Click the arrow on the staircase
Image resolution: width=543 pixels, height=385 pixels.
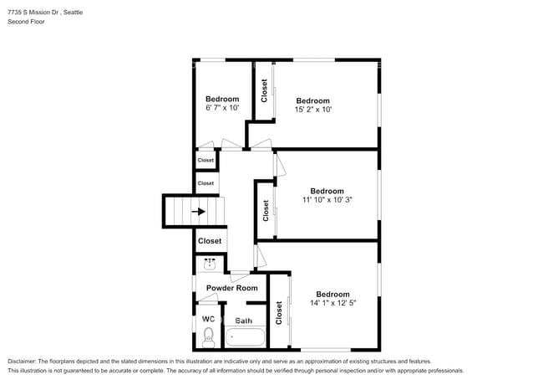pyautogui.click(x=198, y=212)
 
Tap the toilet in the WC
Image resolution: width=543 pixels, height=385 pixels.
pyautogui.click(x=209, y=336)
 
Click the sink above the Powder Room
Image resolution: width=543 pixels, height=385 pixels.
pyautogui.click(x=210, y=264)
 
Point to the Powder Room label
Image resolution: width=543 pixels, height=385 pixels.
pyautogui.click(x=232, y=288)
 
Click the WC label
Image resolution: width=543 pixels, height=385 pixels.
pyautogui.click(x=208, y=320)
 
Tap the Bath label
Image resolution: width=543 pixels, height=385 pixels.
pyautogui.click(x=244, y=321)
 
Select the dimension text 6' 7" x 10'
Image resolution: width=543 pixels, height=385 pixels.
pyautogui.click(x=222, y=108)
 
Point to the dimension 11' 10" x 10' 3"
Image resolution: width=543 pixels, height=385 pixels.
pyautogui.click(x=327, y=199)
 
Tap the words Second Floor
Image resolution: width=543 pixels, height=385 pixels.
pyautogui.click(x=27, y=23)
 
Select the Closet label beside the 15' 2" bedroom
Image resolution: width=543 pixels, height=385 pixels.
pyautogui.click(x=264, y=90)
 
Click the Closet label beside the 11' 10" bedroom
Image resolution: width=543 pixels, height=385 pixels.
pyautogui.click(x=266, y=209)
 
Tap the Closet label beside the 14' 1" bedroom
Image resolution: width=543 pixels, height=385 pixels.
pyautogui.click(x=279, y=312)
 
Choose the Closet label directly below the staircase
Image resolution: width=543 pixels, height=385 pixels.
pyautogui.click(x=210, y=241)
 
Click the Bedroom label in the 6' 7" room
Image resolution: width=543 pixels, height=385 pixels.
pyautogui.click(x=222, y=99)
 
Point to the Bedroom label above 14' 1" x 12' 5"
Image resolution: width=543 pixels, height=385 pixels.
pyautogui.click(x=332, y=294)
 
